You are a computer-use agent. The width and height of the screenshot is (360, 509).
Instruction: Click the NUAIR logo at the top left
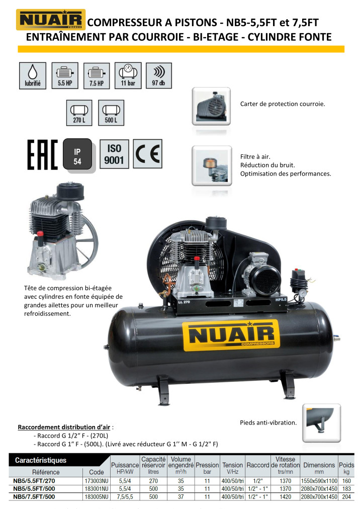click(x=51, y=20)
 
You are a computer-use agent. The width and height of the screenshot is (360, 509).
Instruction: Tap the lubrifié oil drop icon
click(x=33, y=75)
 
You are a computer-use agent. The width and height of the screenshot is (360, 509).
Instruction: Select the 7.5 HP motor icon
click(x=97, y=75)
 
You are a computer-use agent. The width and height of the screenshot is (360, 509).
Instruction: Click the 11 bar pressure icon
click(x=128, y=75)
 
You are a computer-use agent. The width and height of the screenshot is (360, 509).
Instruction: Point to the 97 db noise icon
click(x=158, y=75)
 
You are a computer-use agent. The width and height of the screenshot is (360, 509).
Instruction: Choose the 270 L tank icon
click(x=79, y=113)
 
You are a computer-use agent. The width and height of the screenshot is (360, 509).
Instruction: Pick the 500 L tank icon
click(x=111, y=113)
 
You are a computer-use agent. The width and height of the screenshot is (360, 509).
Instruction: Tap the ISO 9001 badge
click(x=114, y=154)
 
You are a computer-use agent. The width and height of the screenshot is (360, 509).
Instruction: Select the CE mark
click(x=148, y=153)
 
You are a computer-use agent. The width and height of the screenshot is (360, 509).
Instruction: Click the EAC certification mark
click(x=42, y=154)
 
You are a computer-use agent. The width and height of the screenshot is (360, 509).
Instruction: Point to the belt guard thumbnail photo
click(x=211, y=106)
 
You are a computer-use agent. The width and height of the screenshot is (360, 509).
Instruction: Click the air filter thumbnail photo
click(x=212, y=165)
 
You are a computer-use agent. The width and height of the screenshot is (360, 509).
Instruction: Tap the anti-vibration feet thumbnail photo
click(x=322, y=422)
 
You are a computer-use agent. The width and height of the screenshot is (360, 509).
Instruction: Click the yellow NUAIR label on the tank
click(x=231, y=335)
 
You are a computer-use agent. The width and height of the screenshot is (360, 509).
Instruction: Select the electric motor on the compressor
click(x=261, y=274)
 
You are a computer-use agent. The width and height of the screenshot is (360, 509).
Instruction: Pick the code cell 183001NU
click(x=97, y=488)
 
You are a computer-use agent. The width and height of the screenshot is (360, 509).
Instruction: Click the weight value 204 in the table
click(x=346, y=496)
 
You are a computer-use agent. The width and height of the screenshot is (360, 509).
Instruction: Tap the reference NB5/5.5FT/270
click(x=34, y=481)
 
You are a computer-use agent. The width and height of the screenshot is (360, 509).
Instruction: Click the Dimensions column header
click(x=319, y=468)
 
